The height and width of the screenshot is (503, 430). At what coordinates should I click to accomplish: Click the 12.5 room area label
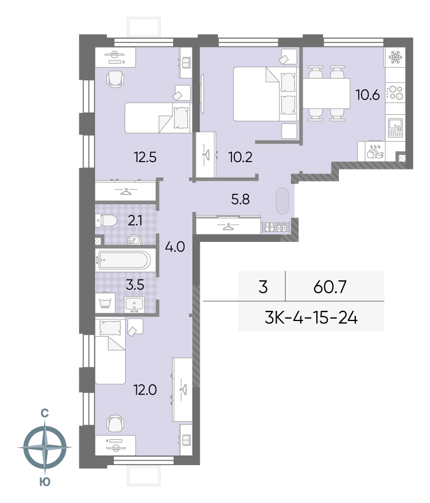click(145, 158)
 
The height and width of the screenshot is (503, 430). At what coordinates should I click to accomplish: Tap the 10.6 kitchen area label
click(368, 95)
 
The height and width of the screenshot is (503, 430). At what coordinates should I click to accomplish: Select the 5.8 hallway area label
click(240, 199)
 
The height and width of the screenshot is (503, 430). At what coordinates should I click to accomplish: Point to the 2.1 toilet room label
click(135, 221)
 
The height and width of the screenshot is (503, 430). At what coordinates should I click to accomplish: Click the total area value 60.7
click(330, 287)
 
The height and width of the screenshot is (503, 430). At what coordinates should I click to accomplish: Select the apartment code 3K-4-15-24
click(311, 318)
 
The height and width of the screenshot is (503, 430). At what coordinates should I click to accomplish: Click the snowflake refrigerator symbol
click(395, 58)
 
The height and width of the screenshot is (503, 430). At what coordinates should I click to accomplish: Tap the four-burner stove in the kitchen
click(395, 93)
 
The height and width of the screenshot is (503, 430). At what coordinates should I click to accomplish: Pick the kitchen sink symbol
click(395, 128)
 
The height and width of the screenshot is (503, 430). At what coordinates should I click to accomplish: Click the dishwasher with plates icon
click(375, 151)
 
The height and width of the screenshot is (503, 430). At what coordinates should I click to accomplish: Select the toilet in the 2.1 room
click(106, 221)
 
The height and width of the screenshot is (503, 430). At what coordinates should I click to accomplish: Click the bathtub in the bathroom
click(123, 260)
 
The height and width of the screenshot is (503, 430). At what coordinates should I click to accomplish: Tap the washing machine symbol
click(105, 303)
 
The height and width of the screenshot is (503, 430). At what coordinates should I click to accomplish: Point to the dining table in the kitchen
click(326, 93)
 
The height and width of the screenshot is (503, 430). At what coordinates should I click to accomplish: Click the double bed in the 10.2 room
click(265, 94)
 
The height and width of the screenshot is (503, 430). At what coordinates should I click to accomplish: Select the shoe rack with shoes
click(276, 227)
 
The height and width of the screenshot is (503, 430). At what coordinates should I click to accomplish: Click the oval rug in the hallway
click(282, 201)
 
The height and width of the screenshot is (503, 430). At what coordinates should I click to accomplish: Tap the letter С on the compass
click(45, 413)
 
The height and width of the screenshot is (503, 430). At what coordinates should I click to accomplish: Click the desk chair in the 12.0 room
click(115, 424)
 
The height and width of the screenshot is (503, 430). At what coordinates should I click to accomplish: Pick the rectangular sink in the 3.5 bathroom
click(134, 304)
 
